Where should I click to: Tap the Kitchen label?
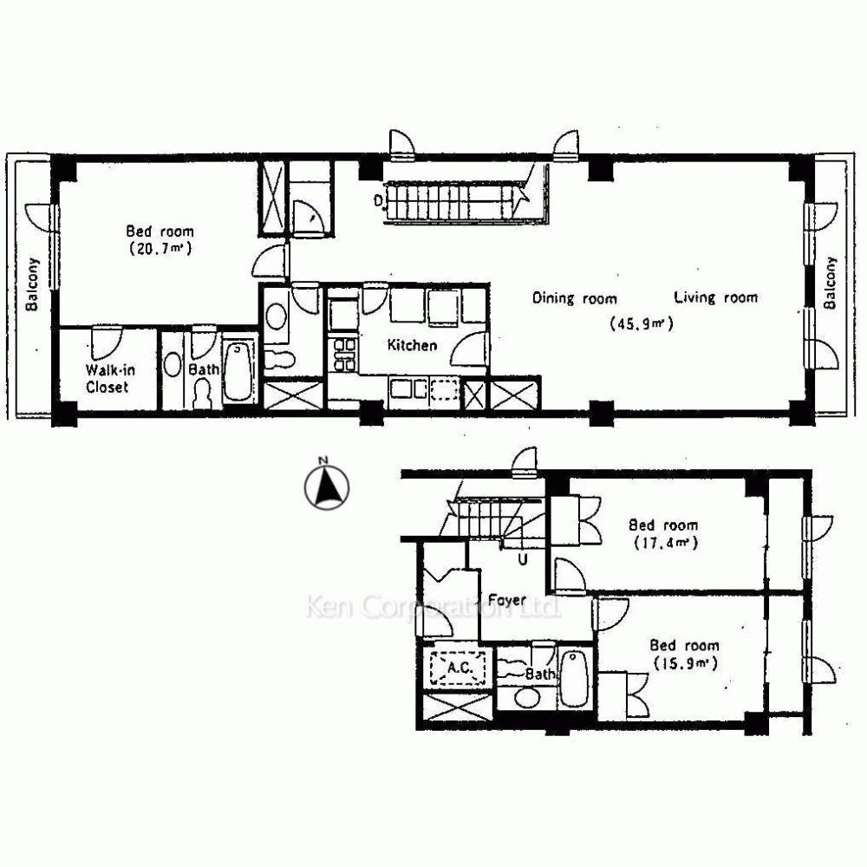pyautogui.click(x=412, y=346)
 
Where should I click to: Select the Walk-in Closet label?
pyautogui.click(x=109, y=379)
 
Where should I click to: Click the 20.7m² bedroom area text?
pyautogui.click(x=160, y=249)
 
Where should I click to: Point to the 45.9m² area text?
pyautogui.click(x=642, y=323)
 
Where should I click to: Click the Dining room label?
pyautogui.click(x=575, y=298)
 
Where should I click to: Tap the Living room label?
pyautogui.click(x=715, y=297)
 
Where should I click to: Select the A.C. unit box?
pyautogui.click(x=458, y=668)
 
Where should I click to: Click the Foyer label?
pyautogui.click(x=506, y=601)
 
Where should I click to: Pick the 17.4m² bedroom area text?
pyautogui.click(x=666, y=543)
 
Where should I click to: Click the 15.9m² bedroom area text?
pyautogui.click(x=686, y=663)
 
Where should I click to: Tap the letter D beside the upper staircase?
pyautogui.click(x=378, y=200)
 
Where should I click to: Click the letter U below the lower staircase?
pyautogui.click(x=523, y=559)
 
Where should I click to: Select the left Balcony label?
pyautogui.click(x=33, y=284)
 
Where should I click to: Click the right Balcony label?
pyautogui.click(x=830, y=283)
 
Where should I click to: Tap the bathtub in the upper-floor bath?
pyautogui.click(x=238, y=372)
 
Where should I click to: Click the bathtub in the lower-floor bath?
pyautogui.click(x=574, y=679)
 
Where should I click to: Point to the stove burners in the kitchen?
pyautogui.click(x=342, y=355)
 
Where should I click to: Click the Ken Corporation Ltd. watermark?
pyautogui.click(x=433, y=607)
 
